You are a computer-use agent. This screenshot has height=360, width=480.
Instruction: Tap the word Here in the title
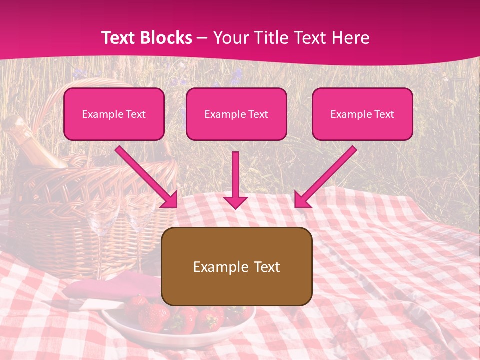349,38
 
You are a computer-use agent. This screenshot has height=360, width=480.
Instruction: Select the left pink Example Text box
114,114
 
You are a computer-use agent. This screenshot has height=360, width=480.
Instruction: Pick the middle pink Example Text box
236,114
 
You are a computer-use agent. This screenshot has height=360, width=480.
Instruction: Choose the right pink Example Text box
362,114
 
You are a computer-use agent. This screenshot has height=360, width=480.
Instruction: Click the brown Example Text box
236,267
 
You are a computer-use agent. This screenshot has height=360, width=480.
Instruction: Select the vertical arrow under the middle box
235,180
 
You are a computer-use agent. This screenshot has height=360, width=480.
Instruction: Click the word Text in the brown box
266,267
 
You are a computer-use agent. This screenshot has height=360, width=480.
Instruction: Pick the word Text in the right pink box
384,114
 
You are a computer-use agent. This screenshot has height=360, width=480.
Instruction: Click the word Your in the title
228,38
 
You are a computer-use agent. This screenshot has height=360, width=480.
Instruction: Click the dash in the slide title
202,38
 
